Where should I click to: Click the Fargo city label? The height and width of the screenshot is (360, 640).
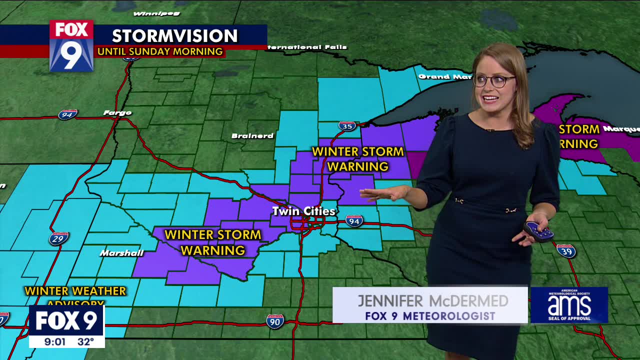[117, 113]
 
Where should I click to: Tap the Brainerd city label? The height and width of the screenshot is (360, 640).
[252, 135]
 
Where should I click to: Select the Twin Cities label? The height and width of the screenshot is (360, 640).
[303, 211]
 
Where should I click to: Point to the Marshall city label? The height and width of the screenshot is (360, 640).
[121, 253]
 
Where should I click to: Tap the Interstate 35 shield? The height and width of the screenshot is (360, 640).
[347, 125]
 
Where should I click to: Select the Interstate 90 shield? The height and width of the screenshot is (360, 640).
[275, 321]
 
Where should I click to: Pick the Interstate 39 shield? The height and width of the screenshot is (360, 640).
[566, 250]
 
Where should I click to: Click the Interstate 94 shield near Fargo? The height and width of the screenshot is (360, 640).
[67, 114]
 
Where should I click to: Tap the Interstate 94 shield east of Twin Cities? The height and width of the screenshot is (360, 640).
[354, 220]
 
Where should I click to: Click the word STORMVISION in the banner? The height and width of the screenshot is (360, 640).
[174, 36]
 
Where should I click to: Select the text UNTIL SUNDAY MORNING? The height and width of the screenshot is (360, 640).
[160, 51]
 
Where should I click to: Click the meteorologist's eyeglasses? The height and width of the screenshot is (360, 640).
[493, 80]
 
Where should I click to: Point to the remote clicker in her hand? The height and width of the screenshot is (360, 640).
[538, 231]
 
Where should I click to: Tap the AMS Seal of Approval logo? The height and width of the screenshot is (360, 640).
[569, 304]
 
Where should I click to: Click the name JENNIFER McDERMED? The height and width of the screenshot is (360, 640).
[432, 300]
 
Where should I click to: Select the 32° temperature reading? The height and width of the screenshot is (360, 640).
[85, 342]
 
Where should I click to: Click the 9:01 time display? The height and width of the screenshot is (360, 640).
[54, 342]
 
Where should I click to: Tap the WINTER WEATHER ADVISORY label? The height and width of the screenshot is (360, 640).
[75, 295]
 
